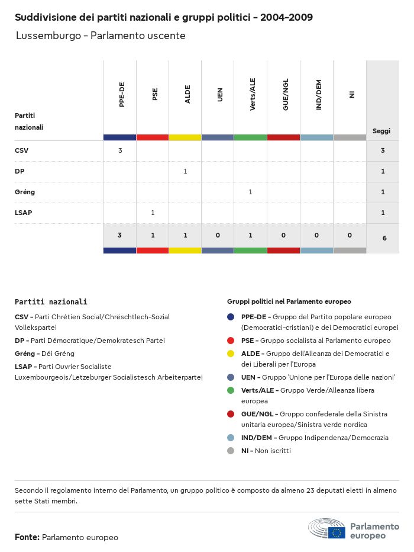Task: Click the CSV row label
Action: click(21, 150)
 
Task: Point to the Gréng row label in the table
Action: click(24, 192)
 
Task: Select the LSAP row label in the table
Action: click(23, 213)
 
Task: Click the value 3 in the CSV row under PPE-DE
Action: click(120, 150)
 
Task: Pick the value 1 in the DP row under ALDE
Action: click(185, 171)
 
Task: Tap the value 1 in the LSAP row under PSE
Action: click(153, 213)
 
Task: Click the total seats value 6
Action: click(384, 238)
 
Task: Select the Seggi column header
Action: click(381, 131)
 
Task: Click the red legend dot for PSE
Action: click(231, 341)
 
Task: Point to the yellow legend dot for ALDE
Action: click(231, 354)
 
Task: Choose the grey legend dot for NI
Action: click(231, 451)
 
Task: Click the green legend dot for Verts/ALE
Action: click(231, 390)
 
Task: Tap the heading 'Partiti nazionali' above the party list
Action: click(51, 301)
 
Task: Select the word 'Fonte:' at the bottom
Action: click(27, 537)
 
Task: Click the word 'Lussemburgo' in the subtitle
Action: click(48, 36)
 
